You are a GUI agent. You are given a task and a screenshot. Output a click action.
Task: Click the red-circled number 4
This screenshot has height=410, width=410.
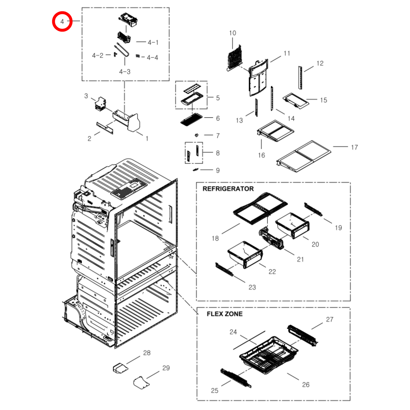[62, 22]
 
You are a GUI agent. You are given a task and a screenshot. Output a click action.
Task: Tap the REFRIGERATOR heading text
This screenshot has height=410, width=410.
[228, 189]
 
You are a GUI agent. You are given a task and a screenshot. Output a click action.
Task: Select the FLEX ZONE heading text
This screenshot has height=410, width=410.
[224, 314]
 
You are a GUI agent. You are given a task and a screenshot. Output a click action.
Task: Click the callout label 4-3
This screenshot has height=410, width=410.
[125, 72]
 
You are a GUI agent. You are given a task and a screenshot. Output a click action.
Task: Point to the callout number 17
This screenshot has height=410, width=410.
[354, 148]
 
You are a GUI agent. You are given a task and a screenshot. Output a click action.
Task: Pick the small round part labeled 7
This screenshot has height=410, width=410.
[196, 135]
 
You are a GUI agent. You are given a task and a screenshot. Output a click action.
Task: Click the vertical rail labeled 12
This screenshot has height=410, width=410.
[300, 78]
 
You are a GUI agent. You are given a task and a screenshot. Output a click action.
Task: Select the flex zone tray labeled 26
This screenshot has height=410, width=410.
[268, 355]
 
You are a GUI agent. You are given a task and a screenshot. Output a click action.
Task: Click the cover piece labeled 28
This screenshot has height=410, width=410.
[120, 368]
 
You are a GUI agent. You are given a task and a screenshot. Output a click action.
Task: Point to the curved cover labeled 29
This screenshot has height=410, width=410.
[141, 383]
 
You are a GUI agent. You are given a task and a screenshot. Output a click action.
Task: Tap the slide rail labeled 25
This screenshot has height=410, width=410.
[236, 378]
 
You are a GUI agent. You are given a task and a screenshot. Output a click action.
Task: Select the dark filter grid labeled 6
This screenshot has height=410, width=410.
[192, 119]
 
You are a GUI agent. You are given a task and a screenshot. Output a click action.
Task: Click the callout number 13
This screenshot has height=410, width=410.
[239, 121]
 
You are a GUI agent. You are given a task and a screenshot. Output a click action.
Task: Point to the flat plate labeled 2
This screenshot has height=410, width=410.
[105, 128]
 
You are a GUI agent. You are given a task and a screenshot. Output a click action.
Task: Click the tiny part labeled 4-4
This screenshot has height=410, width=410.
[138, 56]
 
